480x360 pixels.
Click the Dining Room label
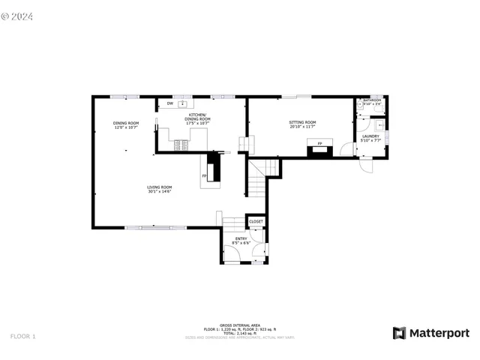[x=126, y=123]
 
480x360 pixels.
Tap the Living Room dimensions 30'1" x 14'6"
[x=160, y=192]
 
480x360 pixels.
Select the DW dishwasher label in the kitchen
[x=170, y=103]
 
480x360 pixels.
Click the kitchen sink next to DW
[x=182, y=103]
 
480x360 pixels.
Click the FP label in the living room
[x=204, y=176]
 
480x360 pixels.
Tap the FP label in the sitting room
[x=320, y=143]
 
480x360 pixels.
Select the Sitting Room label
[x=302, y=122]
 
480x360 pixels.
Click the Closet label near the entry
[x=256, y=221]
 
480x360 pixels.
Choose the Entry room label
[x=241, y=238]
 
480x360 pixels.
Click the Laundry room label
[x=370, y=136]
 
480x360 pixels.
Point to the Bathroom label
[x=372, y=100]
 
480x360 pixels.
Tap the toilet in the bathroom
[x=361, y=106]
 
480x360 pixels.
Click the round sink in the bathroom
[x=377, y=99]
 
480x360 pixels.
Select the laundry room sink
[x=379, y=125]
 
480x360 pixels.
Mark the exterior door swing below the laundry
[x=365, y=166]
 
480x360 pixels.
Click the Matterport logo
[x=431, y=333]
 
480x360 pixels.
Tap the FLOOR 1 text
[x=23, y=337]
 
